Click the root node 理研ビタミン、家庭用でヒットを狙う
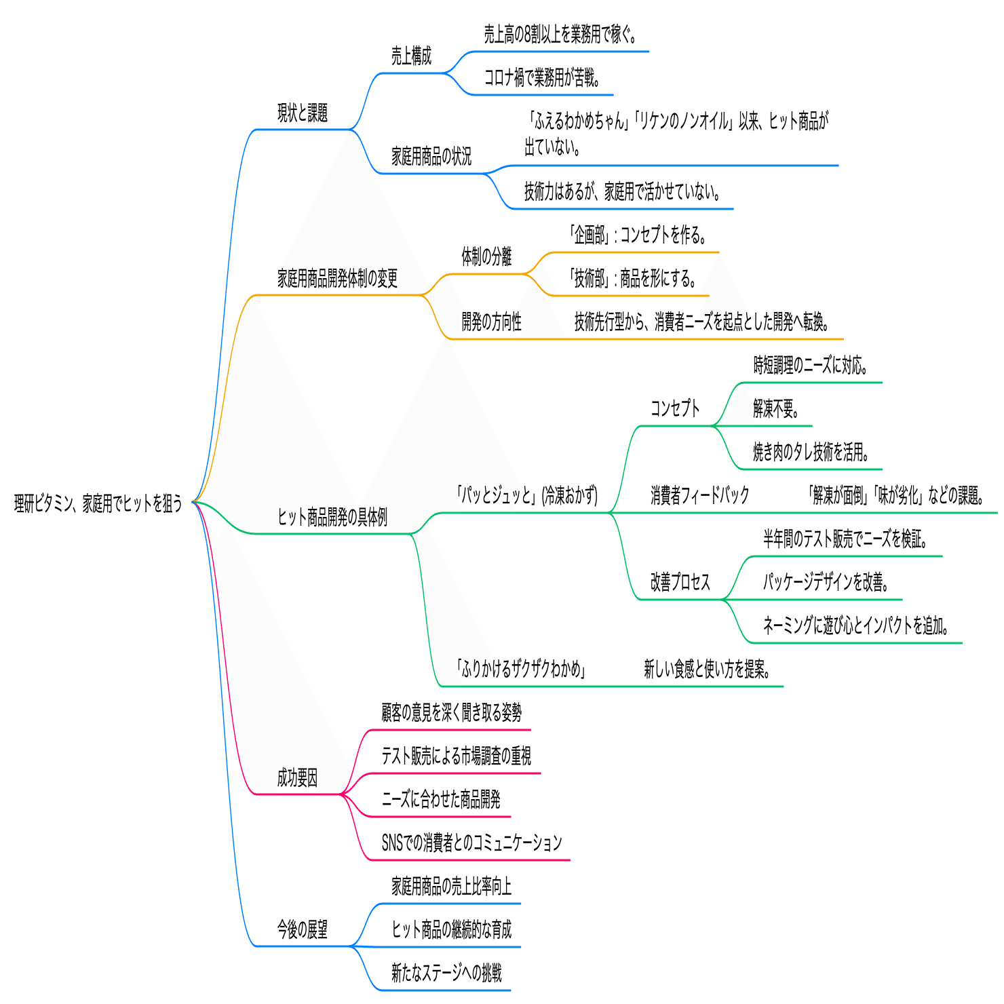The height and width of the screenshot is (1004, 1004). [x=98, y=503]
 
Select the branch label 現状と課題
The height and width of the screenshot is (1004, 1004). [x=303, y=113]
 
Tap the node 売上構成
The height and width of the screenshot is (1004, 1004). [x=411, y=56]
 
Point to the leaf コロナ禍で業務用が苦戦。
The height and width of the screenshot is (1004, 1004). [x=542, y=78]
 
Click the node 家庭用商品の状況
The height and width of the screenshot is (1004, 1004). [x=431, y=157]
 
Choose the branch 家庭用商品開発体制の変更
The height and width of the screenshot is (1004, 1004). [x=337, y=278]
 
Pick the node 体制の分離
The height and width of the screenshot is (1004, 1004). [x=486, y=256]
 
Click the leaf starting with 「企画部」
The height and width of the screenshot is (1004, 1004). [x=638, y=235]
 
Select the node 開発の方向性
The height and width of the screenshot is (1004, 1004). [x=491, y=322]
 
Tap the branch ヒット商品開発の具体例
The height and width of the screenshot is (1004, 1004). [x=332, y=518]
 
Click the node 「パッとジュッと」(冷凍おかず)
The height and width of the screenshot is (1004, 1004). [x=526, y=495]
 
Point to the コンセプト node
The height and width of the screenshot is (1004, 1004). [x=674, y=408]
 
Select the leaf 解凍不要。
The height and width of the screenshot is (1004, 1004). [x=776, y=409]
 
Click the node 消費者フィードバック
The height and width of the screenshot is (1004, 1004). [x=699, y=495]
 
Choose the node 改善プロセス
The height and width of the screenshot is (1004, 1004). [x=680, y=582]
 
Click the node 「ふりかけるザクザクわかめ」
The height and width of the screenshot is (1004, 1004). [x=520, y=670]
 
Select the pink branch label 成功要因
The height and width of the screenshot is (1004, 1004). [x=297, y=777]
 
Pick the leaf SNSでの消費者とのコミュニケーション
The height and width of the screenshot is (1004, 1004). [x=471, y=843]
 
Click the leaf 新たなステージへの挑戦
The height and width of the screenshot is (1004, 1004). [x=446, y=973]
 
